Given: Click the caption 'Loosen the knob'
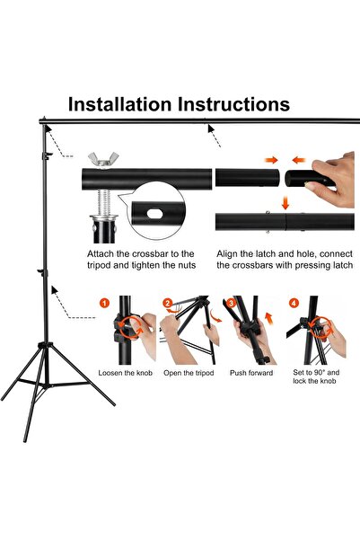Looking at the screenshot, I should (x=127, y=372).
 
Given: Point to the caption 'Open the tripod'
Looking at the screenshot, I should (x=189, y=372).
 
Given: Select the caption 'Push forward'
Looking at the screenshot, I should (x=251, y=372).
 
